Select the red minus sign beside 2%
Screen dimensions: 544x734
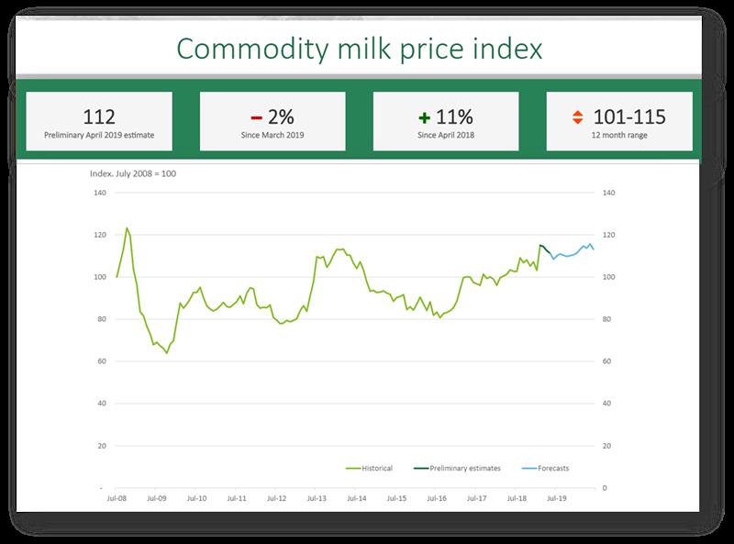(x=258, y=117)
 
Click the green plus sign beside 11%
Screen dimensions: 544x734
(x=423, y=117)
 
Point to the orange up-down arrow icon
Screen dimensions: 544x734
(x=577, y=117)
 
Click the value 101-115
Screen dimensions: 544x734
(x=629, y=117)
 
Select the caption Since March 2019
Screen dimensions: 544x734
(x=272, y=135)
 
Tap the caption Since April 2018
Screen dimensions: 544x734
(x=445, y=135)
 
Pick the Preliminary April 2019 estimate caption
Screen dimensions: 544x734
(x=99, y=135)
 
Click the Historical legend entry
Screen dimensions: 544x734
(x=376, y=468)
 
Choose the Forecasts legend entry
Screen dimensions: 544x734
(x=553, y=468)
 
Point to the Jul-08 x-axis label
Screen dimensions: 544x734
(x=117, y=499)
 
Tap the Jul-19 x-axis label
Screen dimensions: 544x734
(x=555, y=499)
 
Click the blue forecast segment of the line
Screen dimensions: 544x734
(x=573, y=251)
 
